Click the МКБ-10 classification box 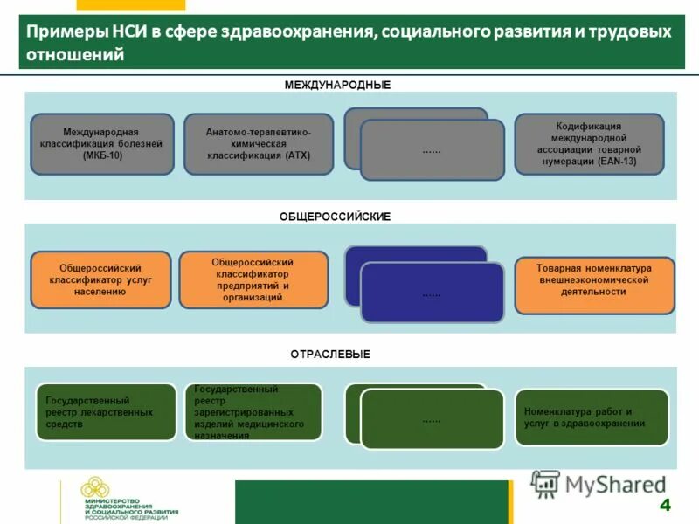click(x=102, y=144)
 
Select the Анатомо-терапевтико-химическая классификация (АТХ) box click(x=258, y=144)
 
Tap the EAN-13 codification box click(x=589, y=144)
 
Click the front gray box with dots click(x=432, y=150)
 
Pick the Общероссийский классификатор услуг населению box click(x=100, y=280)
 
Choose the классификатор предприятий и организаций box click(x=253, y=279)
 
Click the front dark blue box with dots click(x=432, y=293)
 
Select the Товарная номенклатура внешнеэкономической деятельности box click(x=594, y=285)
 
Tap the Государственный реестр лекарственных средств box click(x=105, y=411)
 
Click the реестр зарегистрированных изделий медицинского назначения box click(x=253, y=411)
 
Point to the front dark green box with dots click(x=432, y=419)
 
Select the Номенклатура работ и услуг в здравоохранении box click(x=591, y=417)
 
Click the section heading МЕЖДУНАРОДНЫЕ click(x=337, y=85)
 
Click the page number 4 click(x=665, y=505)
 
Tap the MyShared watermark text click(x=615, y=484)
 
